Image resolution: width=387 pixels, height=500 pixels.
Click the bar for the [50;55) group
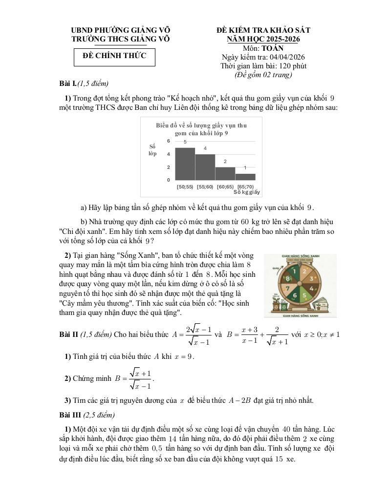coord(185,164)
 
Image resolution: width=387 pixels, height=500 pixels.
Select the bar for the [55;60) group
coord(205,167)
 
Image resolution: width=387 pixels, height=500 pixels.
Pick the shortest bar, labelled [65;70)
coord(245,177)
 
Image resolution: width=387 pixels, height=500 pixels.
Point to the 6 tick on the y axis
coord(168,141)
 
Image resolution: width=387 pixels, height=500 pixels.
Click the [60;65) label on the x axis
coord(225,187)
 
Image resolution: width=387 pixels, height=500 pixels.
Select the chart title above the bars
coord(201,129)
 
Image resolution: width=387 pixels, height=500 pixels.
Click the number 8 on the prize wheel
coord(288,278)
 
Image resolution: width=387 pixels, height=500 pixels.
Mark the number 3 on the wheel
coord(310,278)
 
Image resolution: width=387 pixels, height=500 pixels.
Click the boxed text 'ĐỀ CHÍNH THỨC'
coord(114,56)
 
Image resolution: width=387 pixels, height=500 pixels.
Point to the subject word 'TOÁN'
coord(272,48)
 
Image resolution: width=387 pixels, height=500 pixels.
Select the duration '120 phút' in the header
coord(292,66)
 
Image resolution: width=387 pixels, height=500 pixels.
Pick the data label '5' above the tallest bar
coord(185,142)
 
